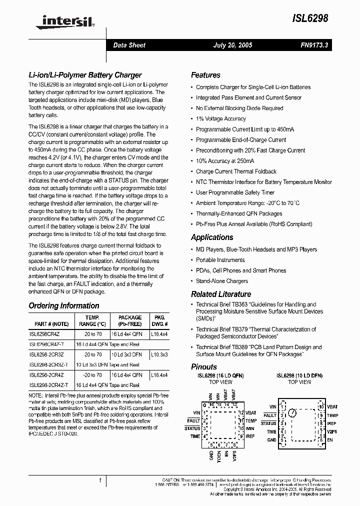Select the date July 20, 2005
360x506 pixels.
(x=233, y=45)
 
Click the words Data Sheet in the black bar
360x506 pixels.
(x=129, y=45)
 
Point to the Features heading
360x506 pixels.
(x=205, y=75)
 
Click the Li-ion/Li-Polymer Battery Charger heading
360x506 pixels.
(x=85, y=75)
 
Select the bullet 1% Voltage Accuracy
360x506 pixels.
(x=221, y=119)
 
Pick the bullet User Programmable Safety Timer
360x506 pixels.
(x=235, y=192)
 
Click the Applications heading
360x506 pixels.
(x=212, y=237)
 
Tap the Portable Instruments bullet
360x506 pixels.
(x=220, y=260)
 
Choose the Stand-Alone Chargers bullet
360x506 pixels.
(x=222, y=281)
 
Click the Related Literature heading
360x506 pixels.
(x=221, y=294)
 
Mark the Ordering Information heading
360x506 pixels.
(x=64, y=305)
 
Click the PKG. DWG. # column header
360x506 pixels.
(x=159, y=320)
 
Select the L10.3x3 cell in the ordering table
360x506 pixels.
(x=159, y=354)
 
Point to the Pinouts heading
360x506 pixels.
(x=204, y=366)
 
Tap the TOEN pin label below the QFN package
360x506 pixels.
(x=218, y=456)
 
